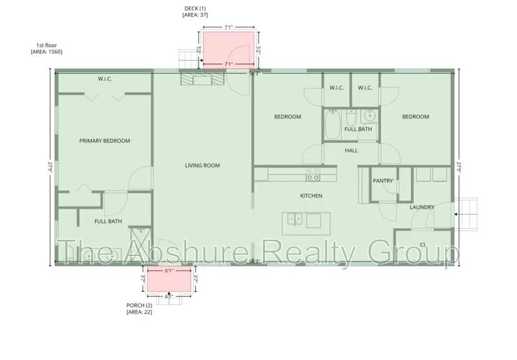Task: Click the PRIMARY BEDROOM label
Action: coord(105,141)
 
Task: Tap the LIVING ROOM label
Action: coord(202,165)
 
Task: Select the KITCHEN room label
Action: coord(311,195)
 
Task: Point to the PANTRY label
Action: coord(383,181)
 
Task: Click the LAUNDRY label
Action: coord(422,207)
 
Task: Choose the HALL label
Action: coord(351,151)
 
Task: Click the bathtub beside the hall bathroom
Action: coord(332,125)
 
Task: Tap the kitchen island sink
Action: coord(294,220)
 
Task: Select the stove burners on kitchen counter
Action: coord(313,175)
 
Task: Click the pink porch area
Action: coord(169,280)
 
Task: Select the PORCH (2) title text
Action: coord(140,306)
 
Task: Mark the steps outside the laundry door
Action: coord(468,213)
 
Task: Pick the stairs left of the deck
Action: coord(187,58)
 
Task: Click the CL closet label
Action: coord(422,244)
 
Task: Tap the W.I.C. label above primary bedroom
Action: coord(105,79)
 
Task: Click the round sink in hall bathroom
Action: coord(370,116)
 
